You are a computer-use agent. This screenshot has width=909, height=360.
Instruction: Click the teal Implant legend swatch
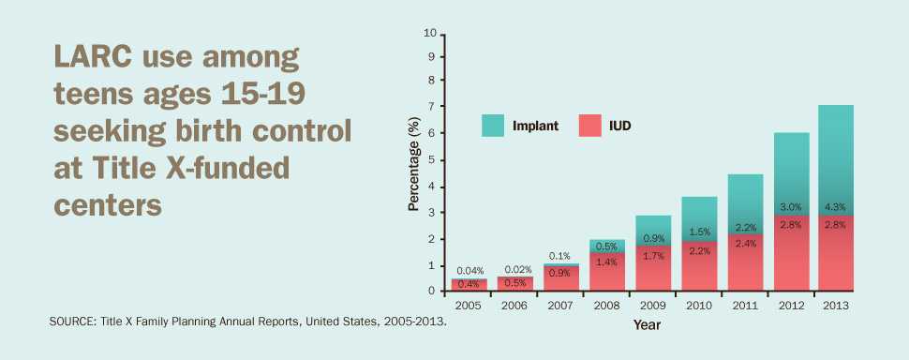[x=495, y=125]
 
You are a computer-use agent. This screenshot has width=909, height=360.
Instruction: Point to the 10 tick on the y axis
[x=431, y=34]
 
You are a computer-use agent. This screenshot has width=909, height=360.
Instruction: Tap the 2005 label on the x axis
[x=469, y=306]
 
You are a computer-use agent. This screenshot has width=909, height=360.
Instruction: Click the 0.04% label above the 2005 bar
[x=469, y=271]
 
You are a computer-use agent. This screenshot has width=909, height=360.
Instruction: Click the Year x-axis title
[x=647, y=325]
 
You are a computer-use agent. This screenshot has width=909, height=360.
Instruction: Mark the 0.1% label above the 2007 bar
[x=559, y=256]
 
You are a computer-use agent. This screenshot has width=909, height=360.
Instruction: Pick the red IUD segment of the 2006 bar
[x=514, y=284]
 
